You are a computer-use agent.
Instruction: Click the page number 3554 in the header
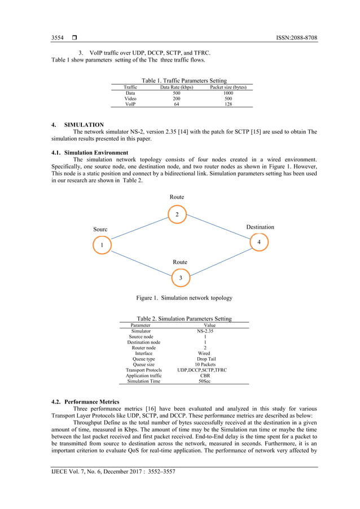(x=57, y=38)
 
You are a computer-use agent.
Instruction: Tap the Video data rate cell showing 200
(x=176, y=98)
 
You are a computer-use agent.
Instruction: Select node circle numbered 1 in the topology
(x=102, y=245)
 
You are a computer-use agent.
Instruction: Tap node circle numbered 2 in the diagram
(x=177, y=215)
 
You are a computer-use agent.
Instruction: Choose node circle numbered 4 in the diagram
(x=259, y=242)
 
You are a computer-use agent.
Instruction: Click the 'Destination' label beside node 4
(x=260, y=227)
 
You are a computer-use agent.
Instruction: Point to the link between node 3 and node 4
(x=220, y=260)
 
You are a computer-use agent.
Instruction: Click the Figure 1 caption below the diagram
(x=184, y=298)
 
